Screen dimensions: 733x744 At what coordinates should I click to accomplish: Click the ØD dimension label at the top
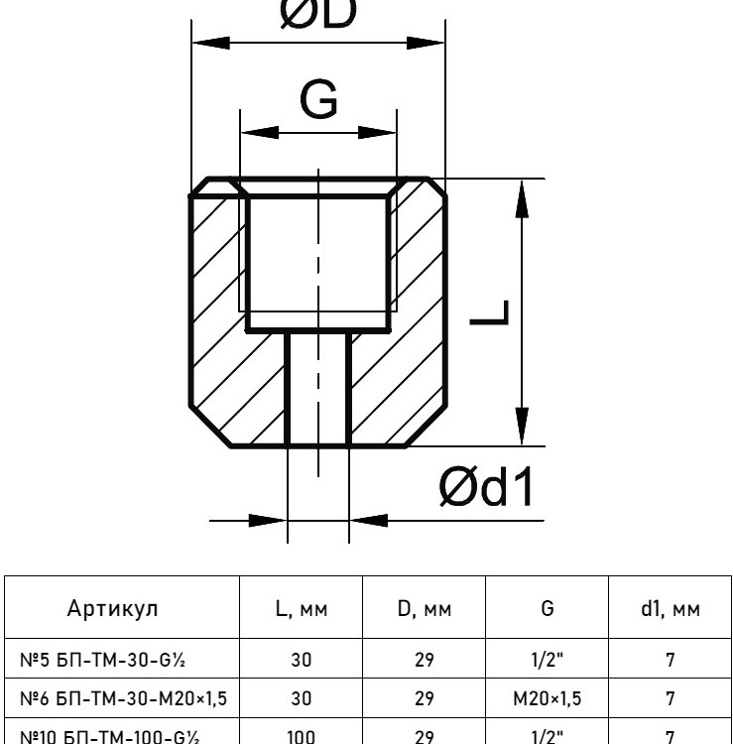point(318,13)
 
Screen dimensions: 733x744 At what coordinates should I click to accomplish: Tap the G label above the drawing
point(318,99)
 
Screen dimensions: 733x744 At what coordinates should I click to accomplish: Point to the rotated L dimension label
point(490,312)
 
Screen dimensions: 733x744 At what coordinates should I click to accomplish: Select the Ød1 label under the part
point(485,486)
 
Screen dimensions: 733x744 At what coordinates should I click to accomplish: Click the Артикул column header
point(112,608)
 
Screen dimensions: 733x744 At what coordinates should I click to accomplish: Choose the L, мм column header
point(302,609)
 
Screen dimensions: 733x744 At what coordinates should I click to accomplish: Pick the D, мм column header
point(425,609)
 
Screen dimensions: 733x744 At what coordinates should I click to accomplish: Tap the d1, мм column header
point(670,609)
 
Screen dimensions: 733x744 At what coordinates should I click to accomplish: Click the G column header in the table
point(547,608)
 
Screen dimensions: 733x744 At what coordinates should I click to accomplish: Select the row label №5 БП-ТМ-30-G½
point(102,660)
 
